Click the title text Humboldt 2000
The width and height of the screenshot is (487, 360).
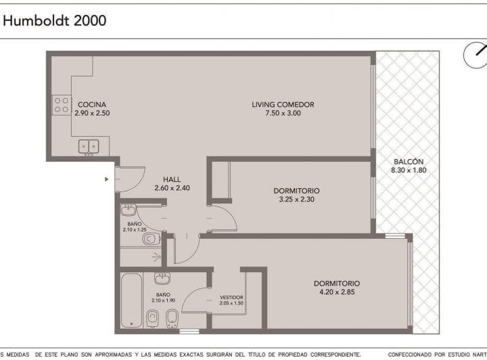(x=55, y=21)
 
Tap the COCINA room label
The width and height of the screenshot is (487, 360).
(x=91, y=104)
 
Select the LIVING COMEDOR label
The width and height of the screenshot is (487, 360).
(x=283, y=104)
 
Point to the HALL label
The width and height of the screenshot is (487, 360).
(x=172, y=179)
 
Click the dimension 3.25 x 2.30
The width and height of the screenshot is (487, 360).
(x=296, y=200)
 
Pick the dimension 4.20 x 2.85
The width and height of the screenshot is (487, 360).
(x=336, y=292)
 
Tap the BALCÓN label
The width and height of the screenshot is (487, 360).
(x=407, y=162)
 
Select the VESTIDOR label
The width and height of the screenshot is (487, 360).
(x=231, y=297)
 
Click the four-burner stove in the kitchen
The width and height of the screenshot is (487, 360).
(x=62, y=105)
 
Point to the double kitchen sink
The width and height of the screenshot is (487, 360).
(x=89, y=145)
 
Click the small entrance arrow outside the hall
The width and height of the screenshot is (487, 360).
(x=106, y=179)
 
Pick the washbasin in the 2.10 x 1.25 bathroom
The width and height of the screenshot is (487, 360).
(x=129, y=210)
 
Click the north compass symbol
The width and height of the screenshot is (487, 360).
(x=476, y=55)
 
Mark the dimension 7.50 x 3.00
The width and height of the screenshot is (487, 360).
(x=283, y=114)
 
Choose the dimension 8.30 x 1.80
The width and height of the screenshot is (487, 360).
(x=407, y=171)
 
